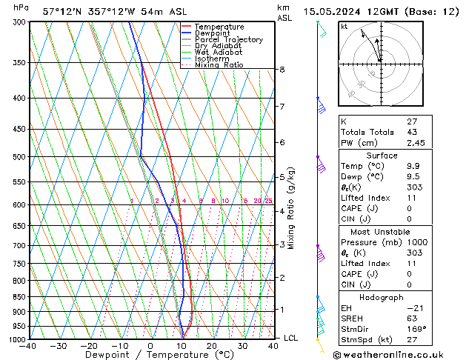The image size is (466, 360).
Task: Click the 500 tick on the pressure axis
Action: click(x=18, y=157)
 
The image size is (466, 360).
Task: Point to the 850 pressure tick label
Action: click(x=18, y=297)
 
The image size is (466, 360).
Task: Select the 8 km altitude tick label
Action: click(x=282, y=70)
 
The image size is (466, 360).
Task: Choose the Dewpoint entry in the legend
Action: click(x=212, y=33)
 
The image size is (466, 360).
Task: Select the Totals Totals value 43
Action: click(x=413, y=132)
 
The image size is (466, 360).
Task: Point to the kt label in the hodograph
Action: click(x=344, y=26)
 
